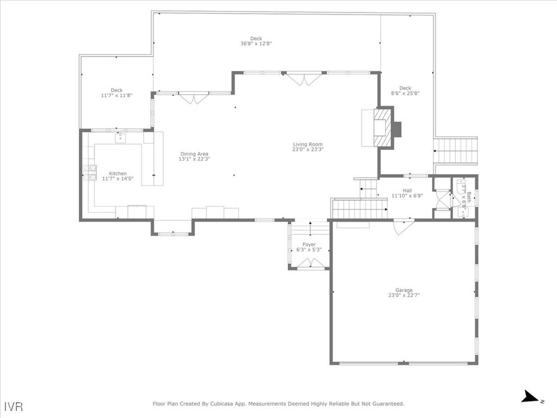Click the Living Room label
click(308, 144)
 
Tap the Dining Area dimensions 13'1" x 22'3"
click(194, 159)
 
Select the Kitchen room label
click(117, 174)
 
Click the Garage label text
click(404, 290)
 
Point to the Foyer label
click(309, 245)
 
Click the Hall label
click(407, 190)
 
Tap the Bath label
click(468, 196)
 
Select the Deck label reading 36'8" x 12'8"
click(256, 39)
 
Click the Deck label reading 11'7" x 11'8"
click(116, 90)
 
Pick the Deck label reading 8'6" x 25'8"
click(405, 88)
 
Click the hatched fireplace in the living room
click(383, 128)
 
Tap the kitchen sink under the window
click(120, 138)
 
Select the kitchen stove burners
click(90, 173)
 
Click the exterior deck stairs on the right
click(455, 151)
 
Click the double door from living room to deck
click(305, 79)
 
